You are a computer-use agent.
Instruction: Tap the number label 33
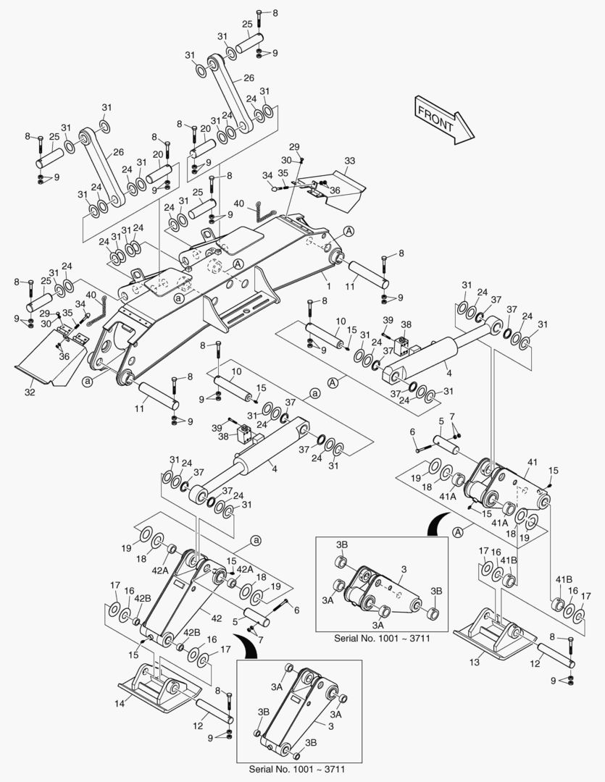tap(350, 160)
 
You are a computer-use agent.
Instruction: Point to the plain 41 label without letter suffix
tap(532, 461)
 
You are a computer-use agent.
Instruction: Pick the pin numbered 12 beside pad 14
tap(213, 715)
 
